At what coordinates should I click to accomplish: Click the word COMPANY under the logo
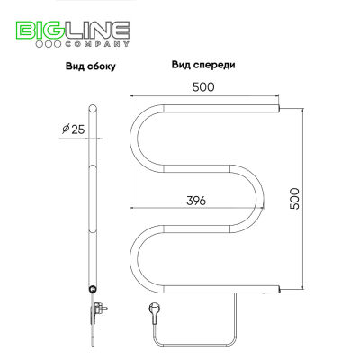97,44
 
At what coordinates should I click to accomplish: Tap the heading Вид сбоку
91,67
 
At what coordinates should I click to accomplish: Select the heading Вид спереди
203,65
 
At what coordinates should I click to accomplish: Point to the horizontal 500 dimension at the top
203,87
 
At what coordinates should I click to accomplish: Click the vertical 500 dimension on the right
294,199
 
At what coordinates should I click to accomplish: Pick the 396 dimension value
196,201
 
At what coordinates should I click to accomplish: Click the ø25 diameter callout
74,130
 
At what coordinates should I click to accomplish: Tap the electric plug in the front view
153,312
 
